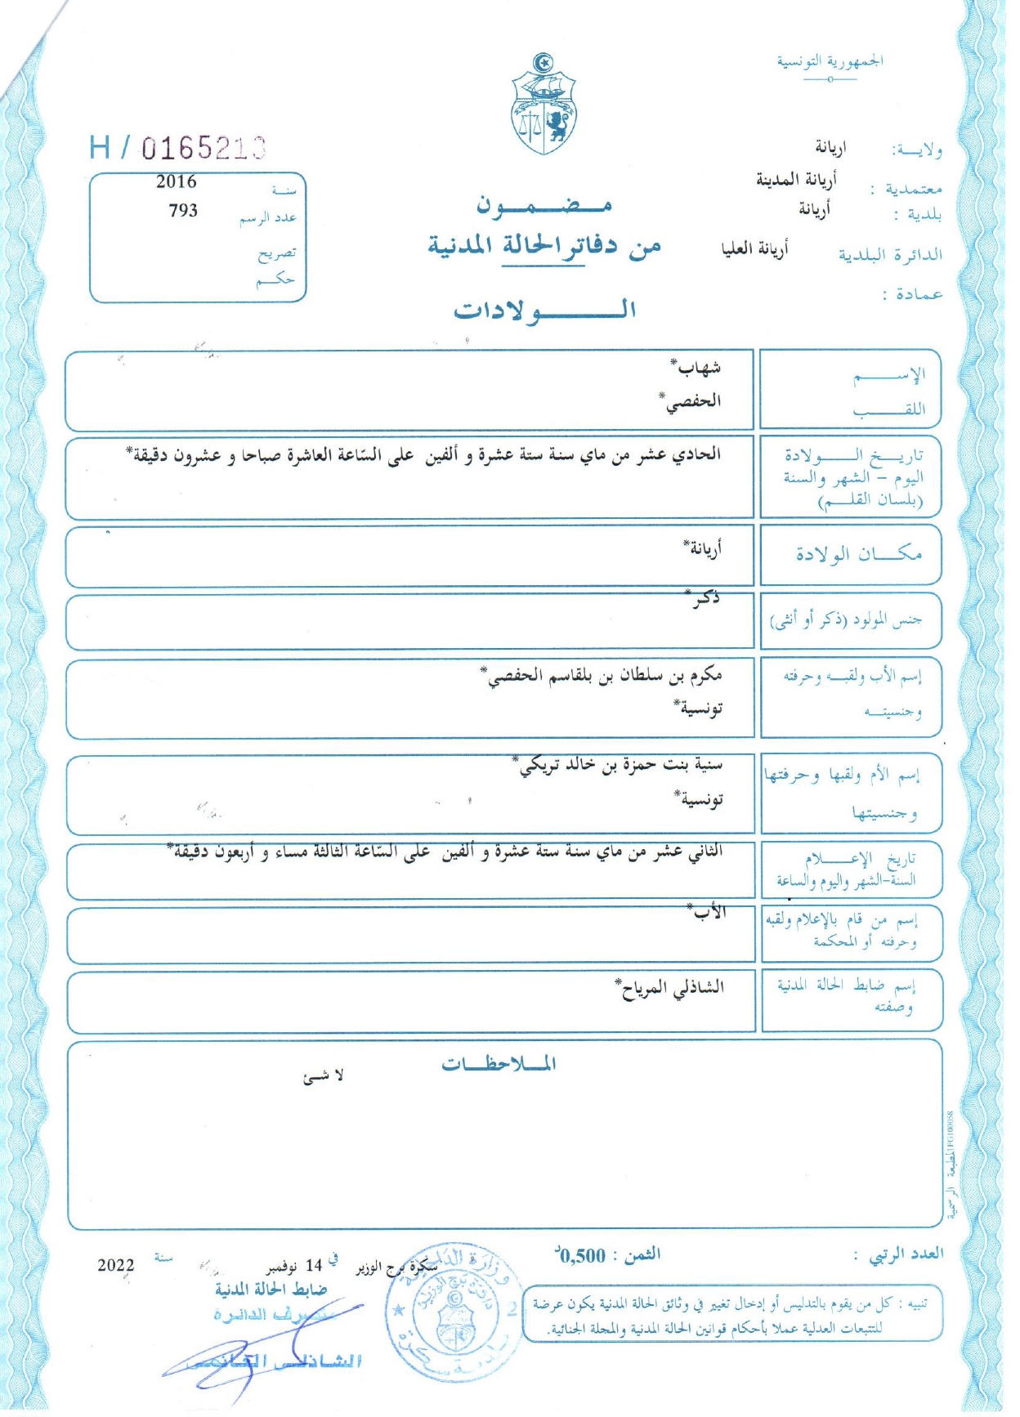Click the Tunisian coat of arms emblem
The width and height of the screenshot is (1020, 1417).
(544, 105)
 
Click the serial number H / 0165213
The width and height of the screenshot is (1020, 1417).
(178, 148)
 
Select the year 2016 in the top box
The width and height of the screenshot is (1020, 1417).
(177, 181)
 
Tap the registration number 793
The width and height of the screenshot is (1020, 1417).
(183, 211)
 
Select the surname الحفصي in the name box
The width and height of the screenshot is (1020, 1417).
(691, 401)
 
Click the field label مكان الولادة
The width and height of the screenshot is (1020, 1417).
(858, 555)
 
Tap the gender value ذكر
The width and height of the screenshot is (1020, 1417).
(704, 599)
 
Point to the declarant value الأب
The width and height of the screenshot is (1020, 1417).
(708, 913)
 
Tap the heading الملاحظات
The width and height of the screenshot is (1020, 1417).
(499, 1064)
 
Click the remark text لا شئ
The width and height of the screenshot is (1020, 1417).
(324, 1076)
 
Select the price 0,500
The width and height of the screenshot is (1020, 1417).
(582, 1256)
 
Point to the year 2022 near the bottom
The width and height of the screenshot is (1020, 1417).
(116, 1266)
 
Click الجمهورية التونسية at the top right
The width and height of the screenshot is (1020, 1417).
(830, 61)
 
